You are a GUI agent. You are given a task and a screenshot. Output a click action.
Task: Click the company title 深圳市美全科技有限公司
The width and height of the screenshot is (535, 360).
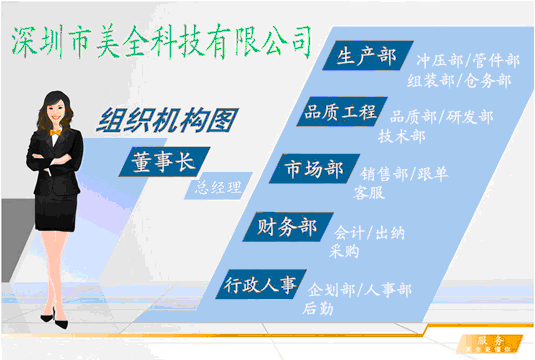coord(160,41)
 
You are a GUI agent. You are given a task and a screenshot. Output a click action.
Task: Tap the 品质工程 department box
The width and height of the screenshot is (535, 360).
coord(339,113)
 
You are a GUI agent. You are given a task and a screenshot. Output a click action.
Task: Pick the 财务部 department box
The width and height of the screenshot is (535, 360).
coord(286,228)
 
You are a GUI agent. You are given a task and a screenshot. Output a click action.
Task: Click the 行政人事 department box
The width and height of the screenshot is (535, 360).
coord(260,286)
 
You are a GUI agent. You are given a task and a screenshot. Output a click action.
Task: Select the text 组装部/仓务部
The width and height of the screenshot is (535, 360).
coord(461,81)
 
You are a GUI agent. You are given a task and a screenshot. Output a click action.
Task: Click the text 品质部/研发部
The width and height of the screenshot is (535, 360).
coord(441,117)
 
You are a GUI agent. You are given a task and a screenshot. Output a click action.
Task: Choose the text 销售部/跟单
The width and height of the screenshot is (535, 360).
coord(404,174)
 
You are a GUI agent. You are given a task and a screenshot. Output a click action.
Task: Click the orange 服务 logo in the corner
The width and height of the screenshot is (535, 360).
coord(489,342)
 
